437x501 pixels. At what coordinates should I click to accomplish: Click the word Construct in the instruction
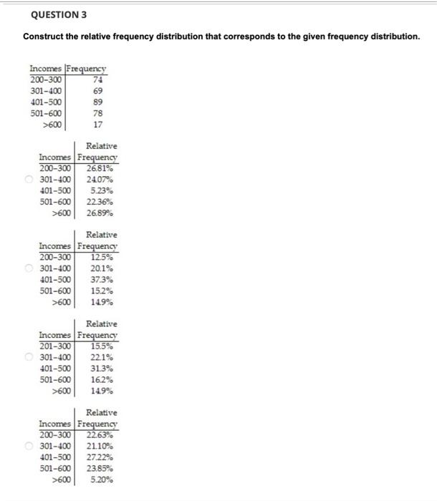click(44, 36)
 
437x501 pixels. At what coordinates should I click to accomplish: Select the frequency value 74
click(99, 80)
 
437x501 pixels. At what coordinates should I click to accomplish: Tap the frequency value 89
click(99, 102)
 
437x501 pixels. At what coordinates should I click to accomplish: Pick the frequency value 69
click(99, 91)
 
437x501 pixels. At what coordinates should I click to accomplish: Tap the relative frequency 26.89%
click(99, 213)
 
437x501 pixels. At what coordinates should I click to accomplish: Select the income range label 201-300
click(55, 346)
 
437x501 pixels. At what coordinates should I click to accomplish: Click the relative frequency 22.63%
click(99, 434)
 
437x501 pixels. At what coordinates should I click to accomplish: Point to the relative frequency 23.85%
click(99, 468)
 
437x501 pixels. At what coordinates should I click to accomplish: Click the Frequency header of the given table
click(87, 69)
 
